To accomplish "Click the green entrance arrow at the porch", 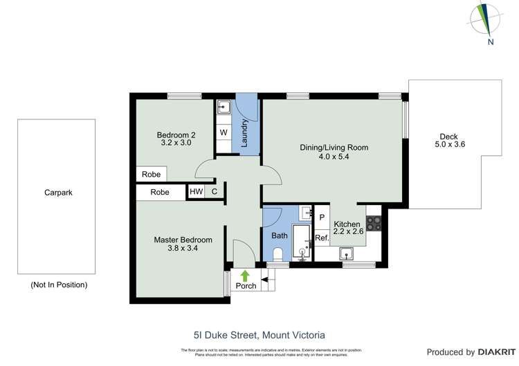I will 244,276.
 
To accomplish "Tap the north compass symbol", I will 489,21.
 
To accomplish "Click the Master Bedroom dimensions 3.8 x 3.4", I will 183,249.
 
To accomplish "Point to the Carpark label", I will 57,193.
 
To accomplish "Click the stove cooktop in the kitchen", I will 374,223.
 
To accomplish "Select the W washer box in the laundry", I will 224,132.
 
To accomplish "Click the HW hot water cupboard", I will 197,192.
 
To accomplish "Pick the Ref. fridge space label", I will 321,238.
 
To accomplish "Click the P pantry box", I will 322,217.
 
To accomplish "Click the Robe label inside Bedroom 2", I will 151,175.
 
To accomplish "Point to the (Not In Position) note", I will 59,285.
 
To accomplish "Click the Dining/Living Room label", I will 334,147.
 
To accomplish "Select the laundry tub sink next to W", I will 224,108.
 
